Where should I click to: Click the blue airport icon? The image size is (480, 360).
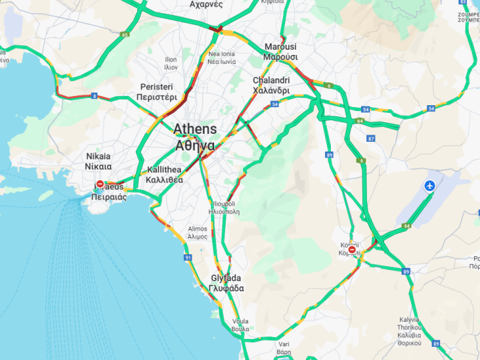click(430, 186)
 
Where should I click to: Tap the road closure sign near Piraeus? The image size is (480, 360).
click(100, 184)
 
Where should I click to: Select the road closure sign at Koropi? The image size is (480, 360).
click(352, 250)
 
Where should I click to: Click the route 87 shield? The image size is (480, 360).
click(371, 139)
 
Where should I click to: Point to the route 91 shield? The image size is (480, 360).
click(188, 258)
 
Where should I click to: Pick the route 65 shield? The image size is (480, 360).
click(124, 35)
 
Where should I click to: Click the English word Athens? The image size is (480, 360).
click(195, 129)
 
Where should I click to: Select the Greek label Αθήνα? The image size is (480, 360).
click(195, 145)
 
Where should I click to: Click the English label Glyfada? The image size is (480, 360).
click(226, 278)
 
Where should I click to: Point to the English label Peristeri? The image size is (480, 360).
click(157, 87)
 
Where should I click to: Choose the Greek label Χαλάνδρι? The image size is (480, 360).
click(271, 90)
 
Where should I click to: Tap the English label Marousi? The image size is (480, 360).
click(281, 47)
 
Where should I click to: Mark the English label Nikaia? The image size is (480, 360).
click(98, 156)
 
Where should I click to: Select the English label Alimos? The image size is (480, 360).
click(197, 229)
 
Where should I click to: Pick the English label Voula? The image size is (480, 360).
click(240, 321)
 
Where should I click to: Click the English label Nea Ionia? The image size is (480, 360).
click(221, 54)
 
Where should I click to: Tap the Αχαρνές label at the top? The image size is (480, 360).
click(206, 4)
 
